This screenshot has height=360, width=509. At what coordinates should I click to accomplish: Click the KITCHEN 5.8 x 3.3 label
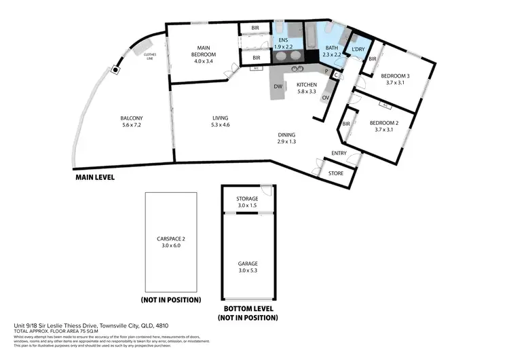tap(307, 88)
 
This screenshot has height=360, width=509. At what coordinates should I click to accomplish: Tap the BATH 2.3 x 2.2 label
tap(331, 51)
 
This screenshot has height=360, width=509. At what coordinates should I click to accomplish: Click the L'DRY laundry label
tap(359, 49)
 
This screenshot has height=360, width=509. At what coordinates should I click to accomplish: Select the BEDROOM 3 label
tap(395, 79)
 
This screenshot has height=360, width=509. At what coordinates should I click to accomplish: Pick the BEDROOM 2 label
tap(383, 126)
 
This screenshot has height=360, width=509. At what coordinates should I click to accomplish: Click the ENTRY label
tap(339, 154)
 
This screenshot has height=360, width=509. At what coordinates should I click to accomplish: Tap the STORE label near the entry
tap(336, 173)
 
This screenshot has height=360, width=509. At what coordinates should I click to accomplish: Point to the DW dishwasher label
tap(278, 87)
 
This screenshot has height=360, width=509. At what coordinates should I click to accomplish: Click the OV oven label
tap(325, 98)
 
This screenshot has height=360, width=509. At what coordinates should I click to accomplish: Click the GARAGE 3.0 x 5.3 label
tap(247, 267)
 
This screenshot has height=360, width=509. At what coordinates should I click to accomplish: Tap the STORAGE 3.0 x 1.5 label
tap(247, 202)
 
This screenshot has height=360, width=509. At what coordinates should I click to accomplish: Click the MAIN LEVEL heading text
tap(95, 177)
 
